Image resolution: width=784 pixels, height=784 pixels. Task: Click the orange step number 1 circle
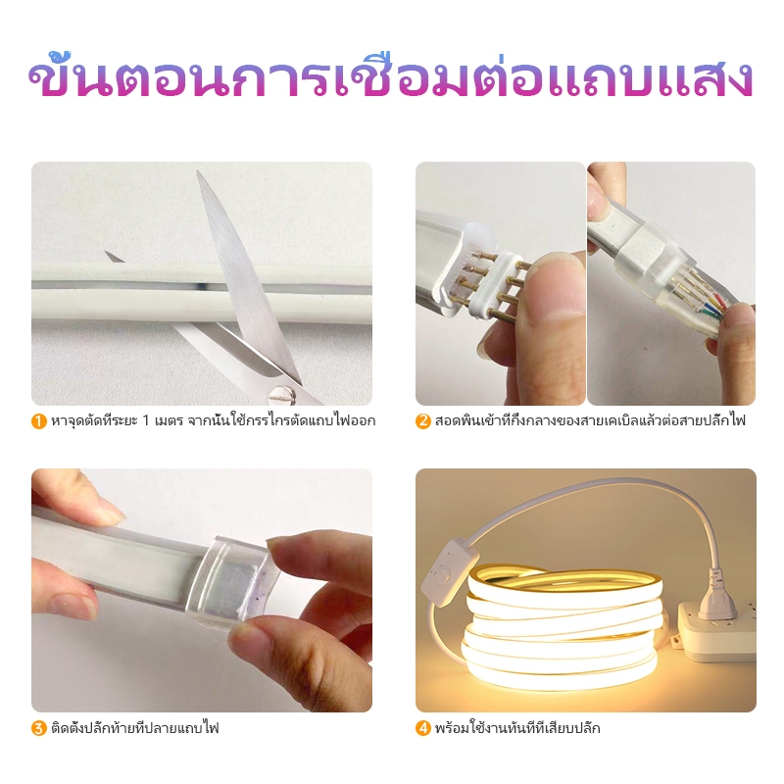click(x=39, y=421)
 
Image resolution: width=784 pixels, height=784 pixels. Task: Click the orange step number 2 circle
click(x=423, y=421)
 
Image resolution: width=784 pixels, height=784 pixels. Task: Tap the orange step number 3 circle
click(x=39, y=728)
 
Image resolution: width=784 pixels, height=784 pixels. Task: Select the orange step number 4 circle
click(x=423, y=728)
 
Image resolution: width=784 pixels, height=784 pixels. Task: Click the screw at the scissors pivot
click(x=276, y=394)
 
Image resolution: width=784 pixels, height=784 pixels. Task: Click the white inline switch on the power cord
click(x=449, y=571)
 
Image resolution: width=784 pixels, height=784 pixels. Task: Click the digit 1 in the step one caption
click(x=145, y=420)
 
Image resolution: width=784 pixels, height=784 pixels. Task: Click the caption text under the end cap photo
click(x=135, y=728)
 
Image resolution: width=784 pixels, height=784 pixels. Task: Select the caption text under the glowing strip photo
click(x=517, y=728)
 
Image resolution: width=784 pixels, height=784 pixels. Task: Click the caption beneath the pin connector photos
click(x=590, y=421)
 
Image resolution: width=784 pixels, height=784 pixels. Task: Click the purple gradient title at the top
click(x=391, y=77)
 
